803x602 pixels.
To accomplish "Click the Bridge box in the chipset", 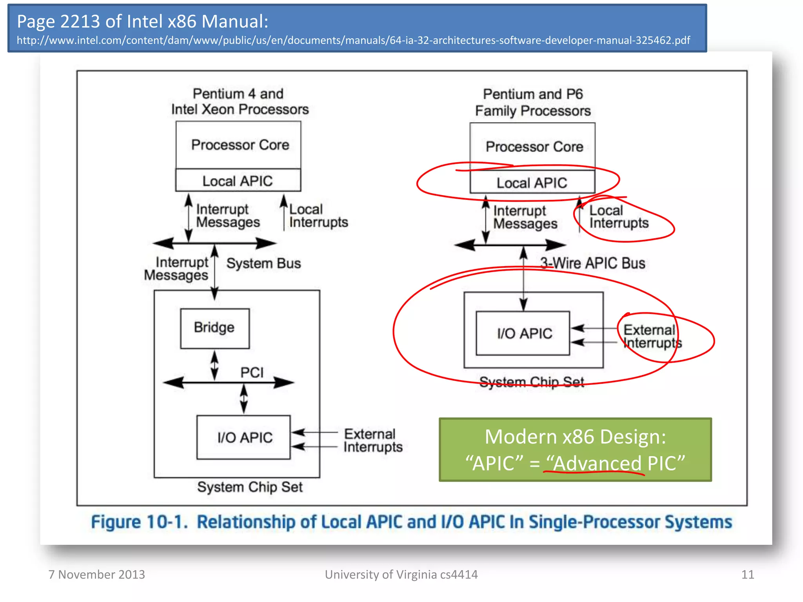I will click(x=214, y=328).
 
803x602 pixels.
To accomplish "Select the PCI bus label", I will click(x=252, y=372).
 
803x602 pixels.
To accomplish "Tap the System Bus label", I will click(x=263, y=263).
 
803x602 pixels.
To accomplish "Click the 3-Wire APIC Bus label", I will click(x=592, y=263).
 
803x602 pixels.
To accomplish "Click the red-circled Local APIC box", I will click(x=532, y=183).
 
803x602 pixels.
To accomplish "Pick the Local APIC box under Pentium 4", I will click(x=238, y=181).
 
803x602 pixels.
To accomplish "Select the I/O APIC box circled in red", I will click(x=523, y=334).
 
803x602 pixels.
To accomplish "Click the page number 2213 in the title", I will click(x=80, y=22).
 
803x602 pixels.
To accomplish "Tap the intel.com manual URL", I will click(x=353, y=40).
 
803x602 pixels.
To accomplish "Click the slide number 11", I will click(x=747, y=575).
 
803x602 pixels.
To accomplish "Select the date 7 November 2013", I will click(x=97, y=575).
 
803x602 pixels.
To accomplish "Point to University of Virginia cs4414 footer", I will click(x=401, y=575).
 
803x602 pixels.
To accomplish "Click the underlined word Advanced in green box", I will click(x=597, y=463).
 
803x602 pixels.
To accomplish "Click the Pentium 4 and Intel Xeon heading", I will click(x=240, y=102).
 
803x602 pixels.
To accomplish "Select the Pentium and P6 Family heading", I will click(x=532, y=102).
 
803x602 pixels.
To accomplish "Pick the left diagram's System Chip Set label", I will click(x=250, y=487).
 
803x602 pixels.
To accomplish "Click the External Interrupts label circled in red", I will click(x=652, y=336).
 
